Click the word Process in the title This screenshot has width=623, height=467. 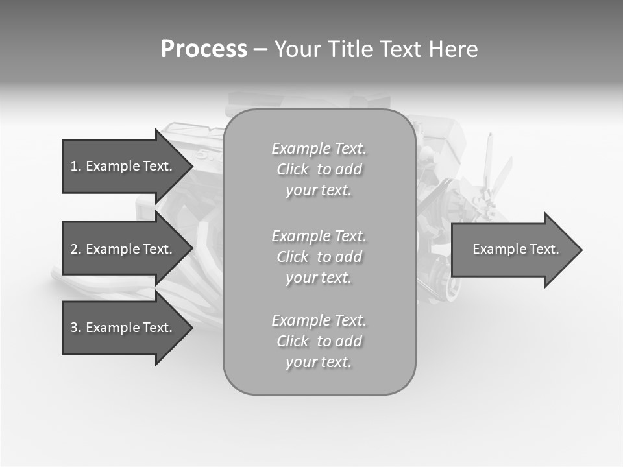coord(204,49)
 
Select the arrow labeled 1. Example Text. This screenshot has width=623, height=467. coord(123,166)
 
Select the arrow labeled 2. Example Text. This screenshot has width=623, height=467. coord(123,249)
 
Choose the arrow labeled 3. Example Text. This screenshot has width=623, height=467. coord(123,328)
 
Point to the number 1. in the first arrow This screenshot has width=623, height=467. coord(76,166)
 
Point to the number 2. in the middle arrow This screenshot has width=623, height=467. coord(76,249)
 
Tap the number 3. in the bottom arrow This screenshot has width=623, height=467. coord(76,328)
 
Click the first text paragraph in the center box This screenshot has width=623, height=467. coord(319,169)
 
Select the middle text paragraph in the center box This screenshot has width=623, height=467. coord(319,256)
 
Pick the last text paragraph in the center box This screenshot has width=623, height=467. coord(319,341)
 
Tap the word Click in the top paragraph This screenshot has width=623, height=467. coord(293,169)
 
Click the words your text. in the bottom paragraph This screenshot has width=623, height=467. coord(318,362)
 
